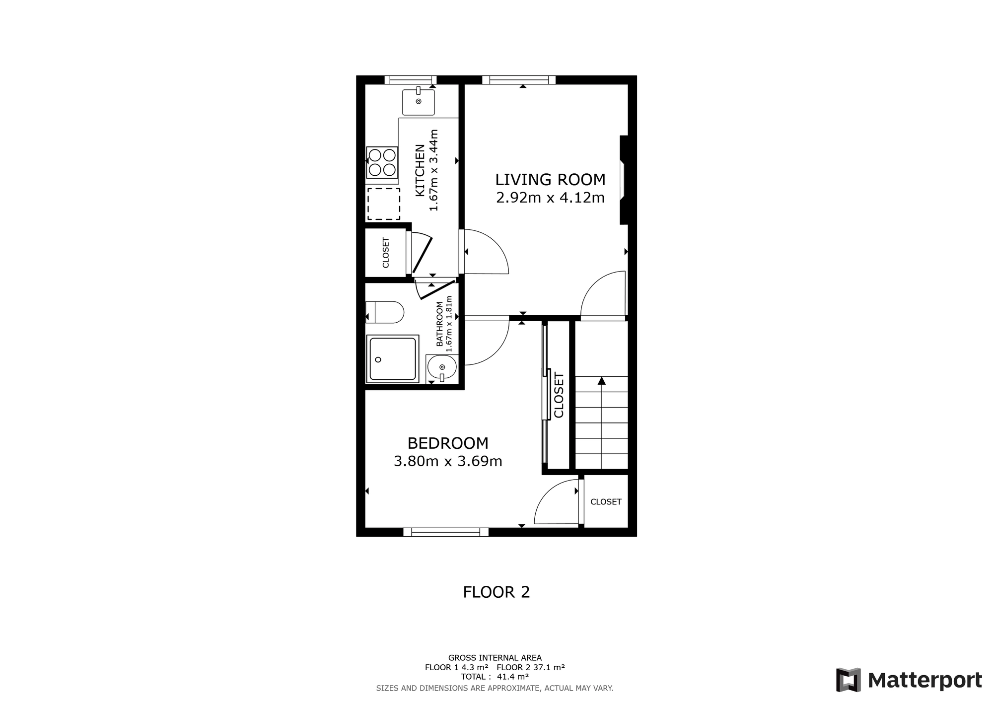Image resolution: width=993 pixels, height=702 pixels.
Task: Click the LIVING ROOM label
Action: click(x=550, y=179)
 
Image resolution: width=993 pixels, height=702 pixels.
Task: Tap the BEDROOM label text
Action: click(x=448, y=443)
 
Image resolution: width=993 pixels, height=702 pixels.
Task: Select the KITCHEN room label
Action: click(x=420, y=170)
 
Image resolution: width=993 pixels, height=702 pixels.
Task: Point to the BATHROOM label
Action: click(x=439, y=324)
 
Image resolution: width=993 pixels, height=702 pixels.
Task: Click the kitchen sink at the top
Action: click(x=418, y=102)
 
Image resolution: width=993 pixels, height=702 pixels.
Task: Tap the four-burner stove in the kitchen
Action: click(x=382, y=162)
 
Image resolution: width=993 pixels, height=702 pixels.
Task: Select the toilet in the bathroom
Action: click(x=385, y=312)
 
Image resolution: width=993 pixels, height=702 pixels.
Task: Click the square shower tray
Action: click(x=392, y=359)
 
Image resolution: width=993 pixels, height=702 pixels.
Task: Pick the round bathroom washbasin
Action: click(x=442, y=368)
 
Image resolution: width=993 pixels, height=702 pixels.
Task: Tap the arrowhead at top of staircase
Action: click(x=602, y=381)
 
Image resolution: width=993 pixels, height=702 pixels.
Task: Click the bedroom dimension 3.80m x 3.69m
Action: click(x=448, y=462)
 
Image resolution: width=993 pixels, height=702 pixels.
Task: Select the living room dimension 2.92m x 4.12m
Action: click(x=550, y=198)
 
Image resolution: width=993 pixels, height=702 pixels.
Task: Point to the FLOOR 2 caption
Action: click(x=496, y=592)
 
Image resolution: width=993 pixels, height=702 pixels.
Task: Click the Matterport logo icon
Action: click(x=848, y=680)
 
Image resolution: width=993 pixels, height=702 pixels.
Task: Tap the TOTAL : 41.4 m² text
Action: click(x=495, y=677)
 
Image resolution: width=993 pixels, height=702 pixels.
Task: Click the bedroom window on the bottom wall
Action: click(x=446, y=532)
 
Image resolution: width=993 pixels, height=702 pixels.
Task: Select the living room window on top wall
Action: click(x=519, y=80)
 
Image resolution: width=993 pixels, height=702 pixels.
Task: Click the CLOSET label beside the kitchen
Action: click(x=386, y=253)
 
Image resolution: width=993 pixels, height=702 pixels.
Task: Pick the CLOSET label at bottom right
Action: click(x=606, y=502)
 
